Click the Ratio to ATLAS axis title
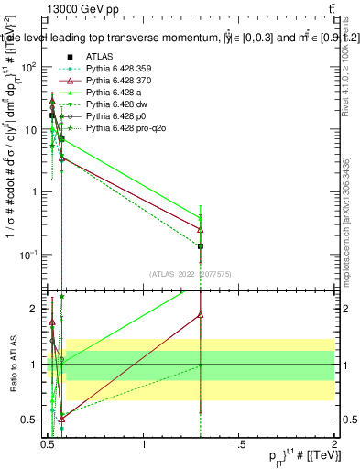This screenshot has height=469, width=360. pyautogui.click(x=12, y=365)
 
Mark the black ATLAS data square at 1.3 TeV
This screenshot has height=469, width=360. pyautogui.click(x=201, y=246)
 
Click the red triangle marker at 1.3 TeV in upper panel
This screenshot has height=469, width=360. pyautogui.click(x=201, y=229)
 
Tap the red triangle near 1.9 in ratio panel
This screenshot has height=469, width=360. pyautogui.click(x=201, y=314)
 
